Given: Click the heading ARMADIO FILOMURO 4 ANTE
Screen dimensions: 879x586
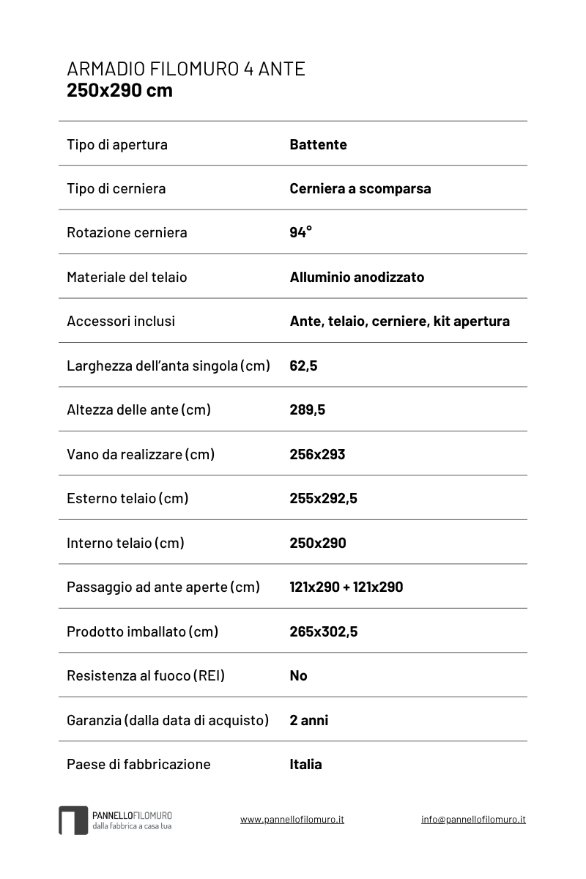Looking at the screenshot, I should (x=186, y=69).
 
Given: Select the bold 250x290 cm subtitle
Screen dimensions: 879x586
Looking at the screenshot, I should (x=119, y=90).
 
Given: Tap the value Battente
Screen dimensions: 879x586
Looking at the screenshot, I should (x=318, y=144).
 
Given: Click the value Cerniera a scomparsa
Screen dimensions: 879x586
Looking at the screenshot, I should (x=360, y=188).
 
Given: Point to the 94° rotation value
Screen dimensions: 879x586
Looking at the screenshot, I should (x=300, y=232).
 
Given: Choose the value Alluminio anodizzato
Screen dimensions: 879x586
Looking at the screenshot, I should (x=357, y=277).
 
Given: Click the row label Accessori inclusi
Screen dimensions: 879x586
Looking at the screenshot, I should (x=121, y=321).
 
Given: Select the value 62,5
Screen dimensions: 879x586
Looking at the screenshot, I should (x=303, y=366).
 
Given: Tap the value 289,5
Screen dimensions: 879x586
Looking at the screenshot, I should (x=307, y=409).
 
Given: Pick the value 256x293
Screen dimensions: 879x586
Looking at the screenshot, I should (x=317, y=454).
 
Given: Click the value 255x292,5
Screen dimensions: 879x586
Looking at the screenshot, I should (x=323, y=498).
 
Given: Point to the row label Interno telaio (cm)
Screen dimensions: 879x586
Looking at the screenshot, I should (x=125, y=543).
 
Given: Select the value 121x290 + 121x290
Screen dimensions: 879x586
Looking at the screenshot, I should (x=346, y=587).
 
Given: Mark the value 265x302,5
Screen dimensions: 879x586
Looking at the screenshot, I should (x=323, y=631).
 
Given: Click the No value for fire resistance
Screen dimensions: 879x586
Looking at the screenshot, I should (x=298, y=675).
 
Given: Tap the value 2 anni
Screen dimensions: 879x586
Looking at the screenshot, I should (x=308, y=720).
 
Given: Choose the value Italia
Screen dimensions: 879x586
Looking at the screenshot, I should (x=305, y=764).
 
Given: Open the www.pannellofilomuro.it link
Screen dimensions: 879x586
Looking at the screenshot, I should (x=292, y=819).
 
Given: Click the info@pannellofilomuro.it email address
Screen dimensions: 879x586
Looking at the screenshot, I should (x=473, y=819).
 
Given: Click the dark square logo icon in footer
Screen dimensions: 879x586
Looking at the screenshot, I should (x=73, y=820).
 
